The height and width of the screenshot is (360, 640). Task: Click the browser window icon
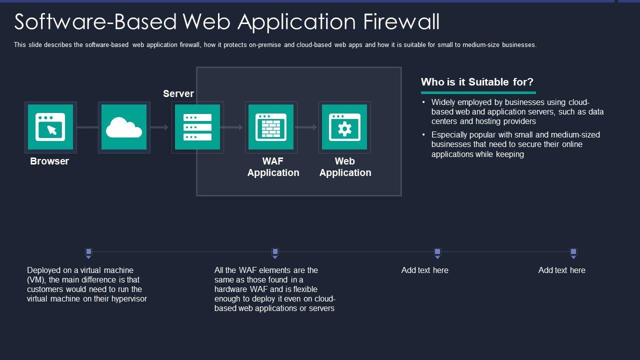[x=50, y=127]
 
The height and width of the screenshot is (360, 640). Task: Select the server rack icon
[x=197, y=127]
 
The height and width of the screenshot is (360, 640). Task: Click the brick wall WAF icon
[x=271, y=127]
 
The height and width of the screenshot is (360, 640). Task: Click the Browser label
[x=49, y=161]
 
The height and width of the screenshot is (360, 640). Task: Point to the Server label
[x=178, y=93]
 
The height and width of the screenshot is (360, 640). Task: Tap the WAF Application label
[x=273, y=167]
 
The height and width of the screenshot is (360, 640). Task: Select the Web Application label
[x=345, y=167]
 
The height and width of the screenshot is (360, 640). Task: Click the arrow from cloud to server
[x=159, y=127]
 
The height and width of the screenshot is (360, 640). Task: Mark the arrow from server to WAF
[x=231, y=127]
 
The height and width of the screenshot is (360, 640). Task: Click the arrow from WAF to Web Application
[x=306, y=127]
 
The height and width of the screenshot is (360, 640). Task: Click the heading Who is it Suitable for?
[x=477, y=82]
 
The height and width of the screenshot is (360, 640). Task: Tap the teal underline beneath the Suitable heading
[x=478, y=92]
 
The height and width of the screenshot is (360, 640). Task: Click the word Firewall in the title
[x=401, y=21]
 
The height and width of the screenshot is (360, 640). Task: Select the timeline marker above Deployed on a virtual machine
[x=88, y=253]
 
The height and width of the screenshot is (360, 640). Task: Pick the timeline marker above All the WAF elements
[x=275, y=253]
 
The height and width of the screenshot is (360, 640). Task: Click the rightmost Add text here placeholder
[x=561, y=270]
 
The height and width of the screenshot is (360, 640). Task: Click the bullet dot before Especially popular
[x=423, y=134]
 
